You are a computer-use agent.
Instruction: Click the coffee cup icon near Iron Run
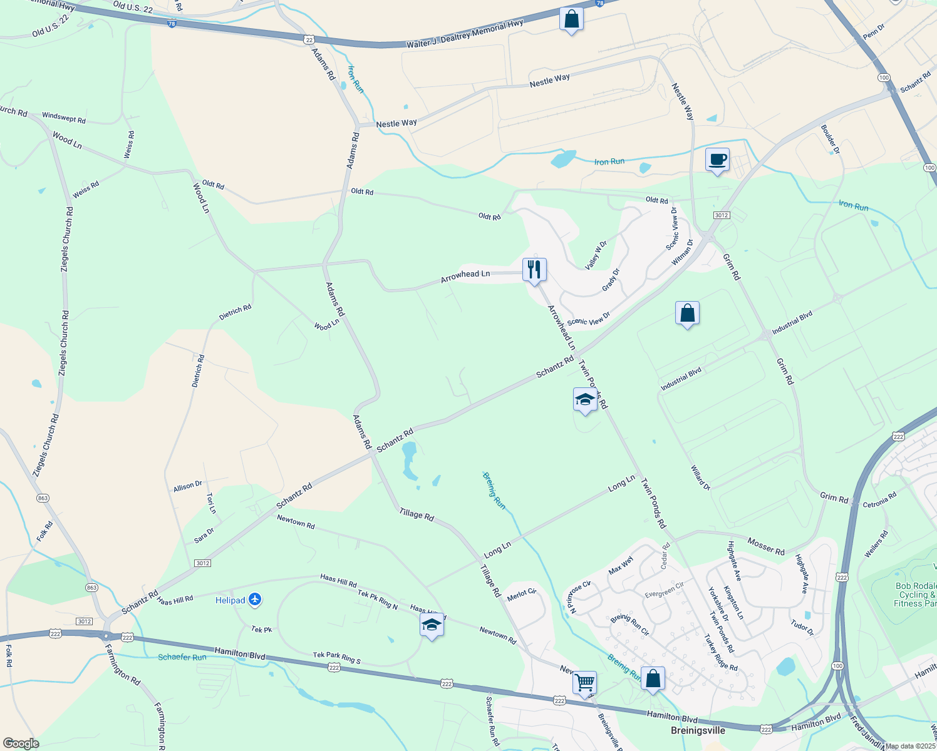(717, 160)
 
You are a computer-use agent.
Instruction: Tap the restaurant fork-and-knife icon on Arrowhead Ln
(534, 270)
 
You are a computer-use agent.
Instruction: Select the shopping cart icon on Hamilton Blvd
(584, 682)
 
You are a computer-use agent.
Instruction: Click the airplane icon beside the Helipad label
(254, 600)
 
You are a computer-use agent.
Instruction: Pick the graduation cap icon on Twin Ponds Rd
(585, 399)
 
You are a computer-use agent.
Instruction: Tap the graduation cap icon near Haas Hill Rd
(432, 625)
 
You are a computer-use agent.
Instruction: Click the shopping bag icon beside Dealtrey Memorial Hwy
(571, 19)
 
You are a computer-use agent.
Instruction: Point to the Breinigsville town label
(698, 730)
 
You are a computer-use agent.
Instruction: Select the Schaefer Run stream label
(182, 657)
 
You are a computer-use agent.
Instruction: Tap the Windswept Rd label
(64, 117)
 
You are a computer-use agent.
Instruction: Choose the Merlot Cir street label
(522, 595)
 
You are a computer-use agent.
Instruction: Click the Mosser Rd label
(766, 546)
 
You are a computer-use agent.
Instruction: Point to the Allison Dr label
(188, 486)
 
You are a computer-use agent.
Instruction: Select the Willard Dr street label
(700, 478)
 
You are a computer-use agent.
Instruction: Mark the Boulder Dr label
(830, 139)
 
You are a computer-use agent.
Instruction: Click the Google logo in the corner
(21, 743)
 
